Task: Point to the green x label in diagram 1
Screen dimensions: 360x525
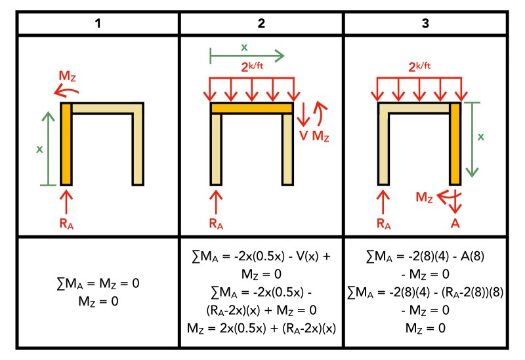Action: tap(39, 149)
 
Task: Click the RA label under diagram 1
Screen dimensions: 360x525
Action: tap(66, 223)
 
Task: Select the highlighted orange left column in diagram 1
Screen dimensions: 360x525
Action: tap(66, 144)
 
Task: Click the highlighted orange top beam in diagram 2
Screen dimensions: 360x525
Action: tap(251, 108)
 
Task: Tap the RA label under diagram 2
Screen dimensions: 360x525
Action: tap(216, 223)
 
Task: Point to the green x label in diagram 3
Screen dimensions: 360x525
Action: tap(480, 137)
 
